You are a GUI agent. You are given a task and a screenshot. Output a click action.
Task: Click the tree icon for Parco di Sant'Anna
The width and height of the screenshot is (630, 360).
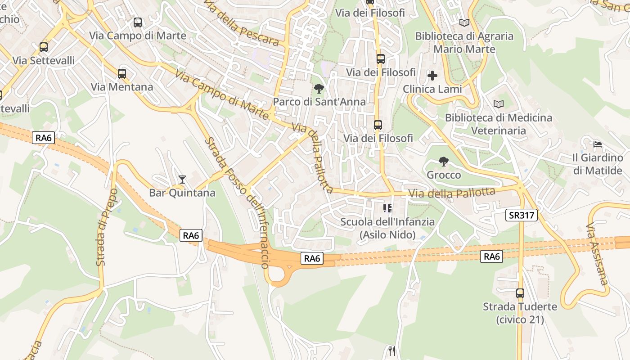[x=319, y=88]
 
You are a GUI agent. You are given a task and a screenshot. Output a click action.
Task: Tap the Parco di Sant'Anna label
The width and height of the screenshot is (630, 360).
[x=319, y=102]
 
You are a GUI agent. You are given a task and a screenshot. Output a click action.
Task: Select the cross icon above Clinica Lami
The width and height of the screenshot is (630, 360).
[x=432, y=75]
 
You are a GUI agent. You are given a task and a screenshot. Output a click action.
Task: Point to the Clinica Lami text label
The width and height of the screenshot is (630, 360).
[x=432, y=89]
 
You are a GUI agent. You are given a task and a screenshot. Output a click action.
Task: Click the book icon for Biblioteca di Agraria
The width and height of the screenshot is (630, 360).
[x=464, y=22]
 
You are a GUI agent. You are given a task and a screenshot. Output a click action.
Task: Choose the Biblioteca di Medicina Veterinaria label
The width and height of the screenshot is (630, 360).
[x=498, y=124]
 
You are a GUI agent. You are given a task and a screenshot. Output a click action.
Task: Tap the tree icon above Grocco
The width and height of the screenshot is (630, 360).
[x=444, y=161]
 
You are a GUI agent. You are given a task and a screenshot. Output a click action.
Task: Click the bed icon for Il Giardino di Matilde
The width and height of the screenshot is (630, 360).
[x=598, y=144]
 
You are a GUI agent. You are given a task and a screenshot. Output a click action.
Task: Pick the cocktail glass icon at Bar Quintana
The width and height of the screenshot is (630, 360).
[x=182, y=180]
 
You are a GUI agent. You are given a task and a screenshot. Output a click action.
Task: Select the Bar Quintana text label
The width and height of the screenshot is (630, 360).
[x=182, y=193]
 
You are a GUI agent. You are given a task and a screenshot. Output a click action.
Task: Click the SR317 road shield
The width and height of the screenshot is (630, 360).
[x=522, y=215]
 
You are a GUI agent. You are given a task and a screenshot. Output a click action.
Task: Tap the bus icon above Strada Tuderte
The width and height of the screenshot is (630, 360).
[x=520, y=293]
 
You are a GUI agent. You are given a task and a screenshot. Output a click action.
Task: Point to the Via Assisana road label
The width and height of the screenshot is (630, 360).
[x=598, y=254]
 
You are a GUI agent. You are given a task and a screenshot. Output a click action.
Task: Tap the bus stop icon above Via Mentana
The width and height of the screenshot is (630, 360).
[x=122, y=73]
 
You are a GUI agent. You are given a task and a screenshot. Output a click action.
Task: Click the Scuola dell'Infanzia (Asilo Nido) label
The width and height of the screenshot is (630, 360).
[x=387, y=228]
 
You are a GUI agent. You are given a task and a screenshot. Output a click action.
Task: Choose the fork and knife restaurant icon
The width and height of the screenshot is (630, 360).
[x=391, y=351]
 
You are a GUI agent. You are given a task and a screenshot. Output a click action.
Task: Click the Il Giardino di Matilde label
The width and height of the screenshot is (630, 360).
[x=597, y=164]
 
